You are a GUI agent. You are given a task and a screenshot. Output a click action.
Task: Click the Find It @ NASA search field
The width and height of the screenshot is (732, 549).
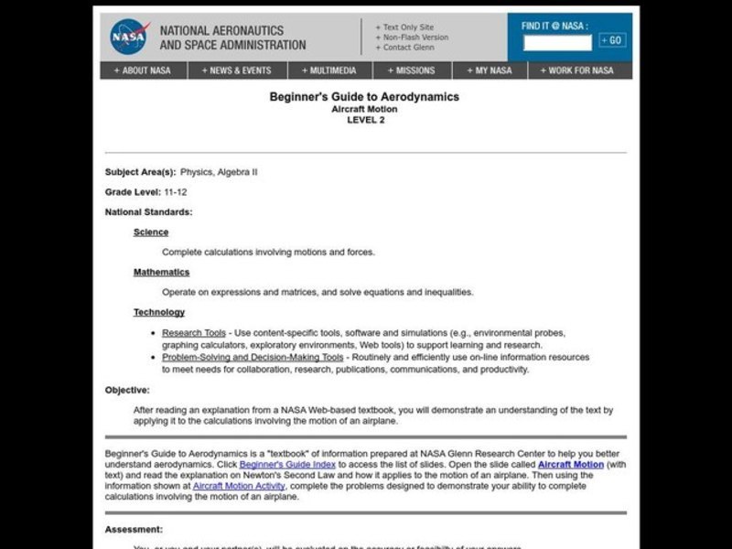coord(557,42)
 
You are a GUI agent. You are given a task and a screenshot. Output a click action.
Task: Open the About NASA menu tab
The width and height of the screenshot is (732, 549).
coord(143,70)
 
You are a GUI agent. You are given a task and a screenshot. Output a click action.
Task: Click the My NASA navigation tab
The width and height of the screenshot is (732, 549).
coord(490,70)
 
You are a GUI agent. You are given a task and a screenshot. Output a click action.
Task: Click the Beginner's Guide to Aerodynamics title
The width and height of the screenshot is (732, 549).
coord(364,96)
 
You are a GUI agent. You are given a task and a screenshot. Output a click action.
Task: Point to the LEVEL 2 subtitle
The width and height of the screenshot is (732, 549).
coord(365,120)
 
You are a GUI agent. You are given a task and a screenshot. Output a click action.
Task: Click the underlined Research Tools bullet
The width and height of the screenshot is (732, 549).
coord(194,332)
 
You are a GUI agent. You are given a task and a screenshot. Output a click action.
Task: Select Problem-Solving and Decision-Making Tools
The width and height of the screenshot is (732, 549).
coord(253,357)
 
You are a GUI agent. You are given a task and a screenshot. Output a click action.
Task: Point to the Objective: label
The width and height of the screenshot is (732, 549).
coord(127,390)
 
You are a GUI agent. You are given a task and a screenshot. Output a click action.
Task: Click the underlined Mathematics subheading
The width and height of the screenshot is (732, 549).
coord(161,272)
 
